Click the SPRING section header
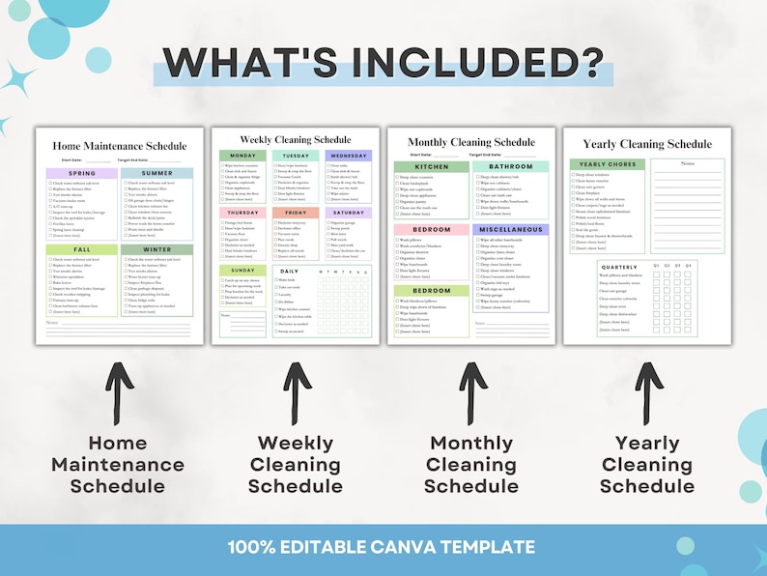pyautogui.click(x=82, y=174)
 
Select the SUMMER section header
pyautogui.click(x=156, y=174)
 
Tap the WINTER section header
pyautogui.click(x=156, y=249)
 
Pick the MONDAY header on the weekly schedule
pyautogui.click(x=242, y=156)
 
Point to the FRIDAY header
pyautogui.click(x=295, y=213)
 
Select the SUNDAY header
pyautogui.click(x=242, y=271)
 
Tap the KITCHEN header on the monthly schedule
pyautogui.click(x=431, y=167)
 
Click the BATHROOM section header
pyautogui.click(x=510, y=167)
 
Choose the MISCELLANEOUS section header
pyautogui.click(x=510, y=230)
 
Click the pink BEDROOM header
pyautogui.click(x=431, y=230)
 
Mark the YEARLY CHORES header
pyautogui.click(x=609, y=164)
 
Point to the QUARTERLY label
pyautogui.click(x=618, y=267)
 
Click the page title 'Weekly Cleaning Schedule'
pyautogui.click(x=296, y=139)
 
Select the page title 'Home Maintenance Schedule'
pyautogui.click(x=120, y=145)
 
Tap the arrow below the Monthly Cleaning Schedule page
pyautogui.click(x=471, y=391)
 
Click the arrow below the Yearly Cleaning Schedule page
pyautogui.click(x=647, y=391)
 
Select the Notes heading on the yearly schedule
pyautogui.click(x=687, y=163)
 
